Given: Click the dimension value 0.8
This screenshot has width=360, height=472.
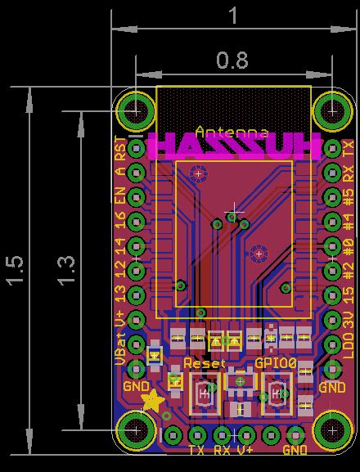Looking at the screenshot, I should (232, 60).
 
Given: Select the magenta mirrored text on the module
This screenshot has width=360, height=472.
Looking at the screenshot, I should (235, 146).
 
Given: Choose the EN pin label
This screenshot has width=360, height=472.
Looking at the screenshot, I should (121, 196).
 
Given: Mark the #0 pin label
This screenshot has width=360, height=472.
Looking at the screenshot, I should (349, 245).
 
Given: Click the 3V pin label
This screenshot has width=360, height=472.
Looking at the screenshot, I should (349, 319).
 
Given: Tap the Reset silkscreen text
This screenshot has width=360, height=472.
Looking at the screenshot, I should (204, 362).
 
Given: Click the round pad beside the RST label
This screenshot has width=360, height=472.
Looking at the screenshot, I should (136, 149).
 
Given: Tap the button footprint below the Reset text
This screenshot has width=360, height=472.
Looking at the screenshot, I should (202, 396).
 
